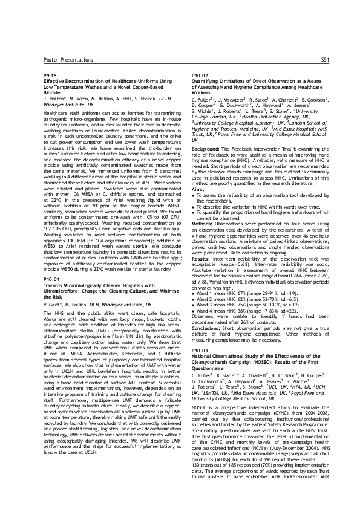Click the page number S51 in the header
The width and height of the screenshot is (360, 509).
[x=324, y=60]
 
